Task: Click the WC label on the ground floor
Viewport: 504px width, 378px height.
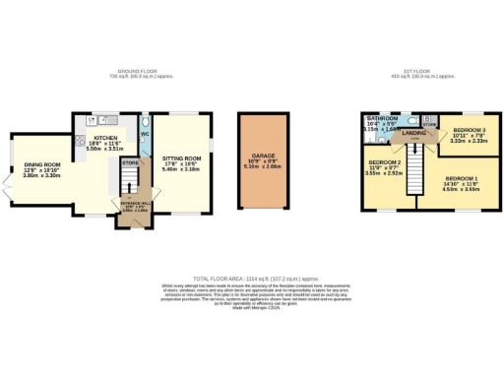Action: (x=145, y=134)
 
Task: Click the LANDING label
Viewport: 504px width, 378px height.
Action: (x=413, y=132)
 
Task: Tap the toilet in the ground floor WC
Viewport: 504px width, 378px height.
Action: (x=145, y=120)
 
